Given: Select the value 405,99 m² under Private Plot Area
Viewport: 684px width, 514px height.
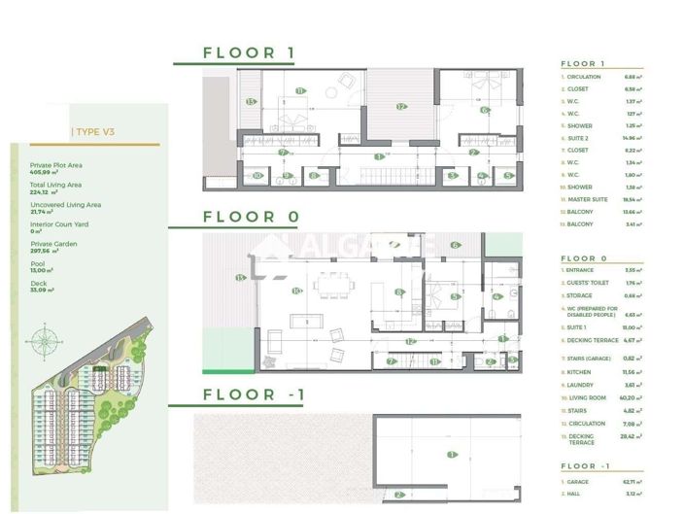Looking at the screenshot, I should pos(45,172).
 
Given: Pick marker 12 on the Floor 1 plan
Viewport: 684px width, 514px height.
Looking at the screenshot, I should pos(399,106).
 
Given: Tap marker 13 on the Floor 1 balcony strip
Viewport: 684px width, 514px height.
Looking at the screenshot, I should pos(250,101).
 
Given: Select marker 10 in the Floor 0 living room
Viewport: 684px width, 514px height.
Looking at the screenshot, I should pos(296,290).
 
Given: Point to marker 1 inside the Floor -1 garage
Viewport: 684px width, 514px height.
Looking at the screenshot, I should pos(450,454).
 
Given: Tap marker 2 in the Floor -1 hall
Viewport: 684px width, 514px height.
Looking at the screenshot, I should pos(398,495).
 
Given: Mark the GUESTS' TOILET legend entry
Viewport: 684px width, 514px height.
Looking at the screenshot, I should pos(589,283).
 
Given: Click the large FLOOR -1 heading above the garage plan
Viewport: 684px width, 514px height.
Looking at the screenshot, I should pos(255,394).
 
